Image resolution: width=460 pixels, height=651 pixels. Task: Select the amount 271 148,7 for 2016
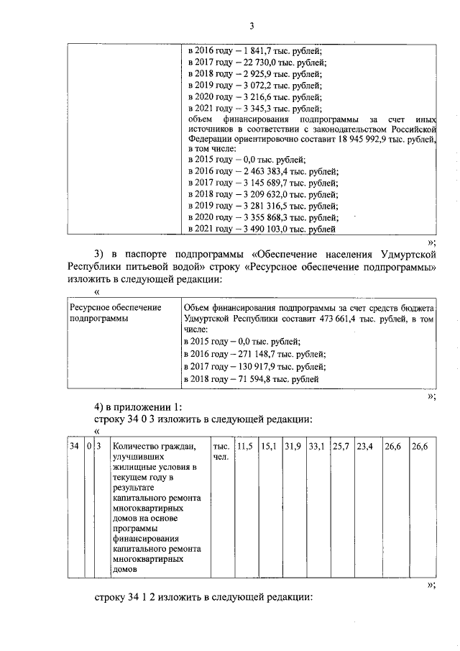coord(255,354)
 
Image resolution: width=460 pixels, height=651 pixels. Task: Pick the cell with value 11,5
coord(245,447)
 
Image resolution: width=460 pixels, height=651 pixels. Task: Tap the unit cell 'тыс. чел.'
coord(221,452)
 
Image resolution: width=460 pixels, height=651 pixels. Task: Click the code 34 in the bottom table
coord(74,447)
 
